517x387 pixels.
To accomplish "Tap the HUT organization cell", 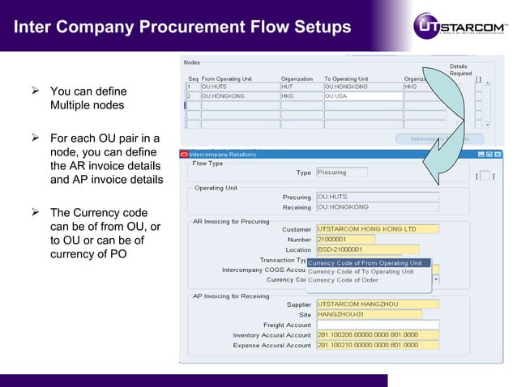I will point(301,86).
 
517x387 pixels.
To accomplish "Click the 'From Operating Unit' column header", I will point(226,78).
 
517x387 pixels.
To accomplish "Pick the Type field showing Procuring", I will point(340,172).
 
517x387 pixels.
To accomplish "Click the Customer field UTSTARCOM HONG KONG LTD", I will point(377,228).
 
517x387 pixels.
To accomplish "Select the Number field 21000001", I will point(344,239).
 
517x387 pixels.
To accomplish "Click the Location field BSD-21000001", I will point(367,249).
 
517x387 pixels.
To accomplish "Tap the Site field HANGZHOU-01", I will point(368,314).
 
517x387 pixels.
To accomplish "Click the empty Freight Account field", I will point(377,325).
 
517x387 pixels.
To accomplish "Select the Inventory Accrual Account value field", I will point(377,334).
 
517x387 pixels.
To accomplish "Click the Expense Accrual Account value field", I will point(377,345).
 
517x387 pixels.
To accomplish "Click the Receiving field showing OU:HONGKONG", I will point(377,207).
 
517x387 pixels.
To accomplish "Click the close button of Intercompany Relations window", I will point(497,154).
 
